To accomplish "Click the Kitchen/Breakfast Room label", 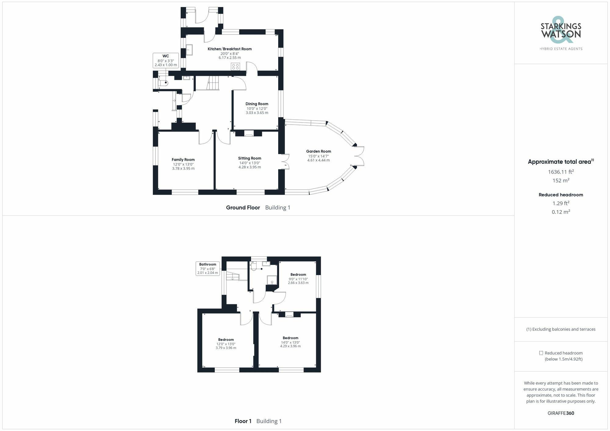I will (230, 49).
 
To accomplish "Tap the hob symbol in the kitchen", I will (235, 66).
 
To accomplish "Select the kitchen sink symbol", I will (189, 50).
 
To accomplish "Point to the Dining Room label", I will (257, 104).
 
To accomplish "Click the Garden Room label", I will (318, 151).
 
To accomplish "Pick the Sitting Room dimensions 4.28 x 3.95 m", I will (249, 167).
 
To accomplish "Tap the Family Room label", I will (183, 160).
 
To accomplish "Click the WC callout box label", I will (166, 56).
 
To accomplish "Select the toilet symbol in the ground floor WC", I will (163, 83).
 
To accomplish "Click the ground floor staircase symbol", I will (213, 83).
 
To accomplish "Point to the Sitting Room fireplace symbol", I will (249, 133).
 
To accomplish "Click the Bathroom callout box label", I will (208, 264).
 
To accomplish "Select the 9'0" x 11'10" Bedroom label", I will (298, 274).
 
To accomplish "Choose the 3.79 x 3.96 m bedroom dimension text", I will (226, 348).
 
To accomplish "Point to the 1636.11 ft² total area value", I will (561, 172).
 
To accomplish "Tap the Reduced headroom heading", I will (561, 195).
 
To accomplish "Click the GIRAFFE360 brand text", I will (561, 413).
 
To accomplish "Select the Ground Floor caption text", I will (243, 208).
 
